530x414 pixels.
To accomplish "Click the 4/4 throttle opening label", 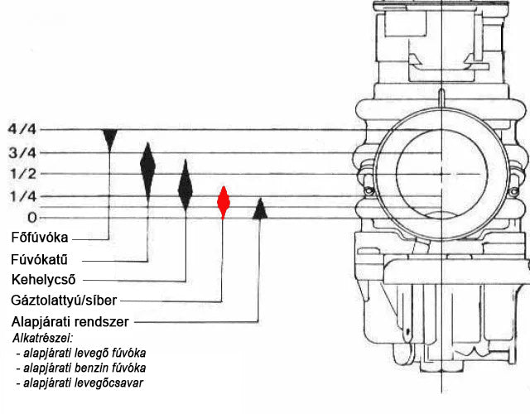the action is click(22, 129).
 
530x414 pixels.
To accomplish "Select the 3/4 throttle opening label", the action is click(22, 152).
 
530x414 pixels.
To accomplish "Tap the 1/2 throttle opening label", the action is click(23, 174).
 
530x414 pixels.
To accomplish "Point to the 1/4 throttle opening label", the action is click(23, 196).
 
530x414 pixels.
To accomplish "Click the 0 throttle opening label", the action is click(31, 217).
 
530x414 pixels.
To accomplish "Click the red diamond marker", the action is click(223, 202).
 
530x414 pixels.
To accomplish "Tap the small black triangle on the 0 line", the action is click(260, 209).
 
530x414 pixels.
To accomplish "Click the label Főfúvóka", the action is click(40, 238).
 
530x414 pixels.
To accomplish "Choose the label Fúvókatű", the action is click(39, 259).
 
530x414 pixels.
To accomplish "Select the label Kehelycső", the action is click(43, 280).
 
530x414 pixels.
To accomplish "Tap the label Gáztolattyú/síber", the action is click(64, 300).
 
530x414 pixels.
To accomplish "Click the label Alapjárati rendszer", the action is click(70, 322).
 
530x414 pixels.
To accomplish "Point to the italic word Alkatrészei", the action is click(43, 338).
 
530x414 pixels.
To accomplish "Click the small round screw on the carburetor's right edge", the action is click(513, 191).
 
